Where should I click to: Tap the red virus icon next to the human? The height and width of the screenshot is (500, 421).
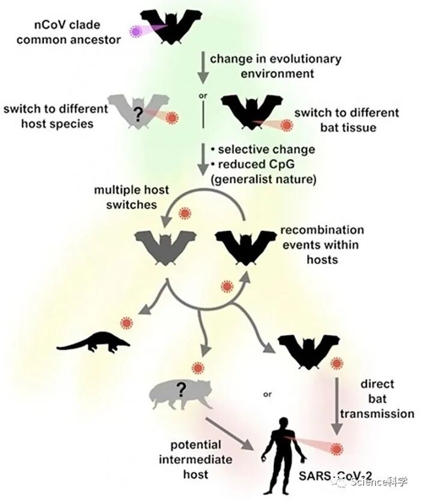click(336, 449)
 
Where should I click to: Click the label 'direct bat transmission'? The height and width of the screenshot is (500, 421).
click(377, 399)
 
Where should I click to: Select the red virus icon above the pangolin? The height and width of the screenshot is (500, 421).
click(126, 323)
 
